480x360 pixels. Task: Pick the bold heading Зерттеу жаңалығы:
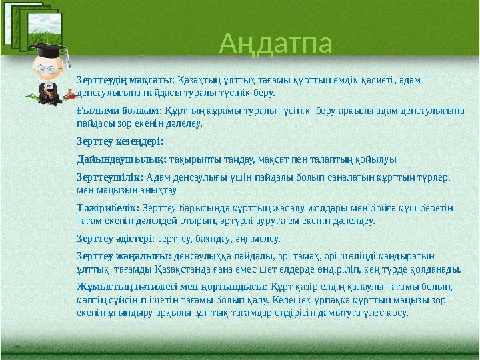(124, 255)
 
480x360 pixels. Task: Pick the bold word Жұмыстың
(101, 286)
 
